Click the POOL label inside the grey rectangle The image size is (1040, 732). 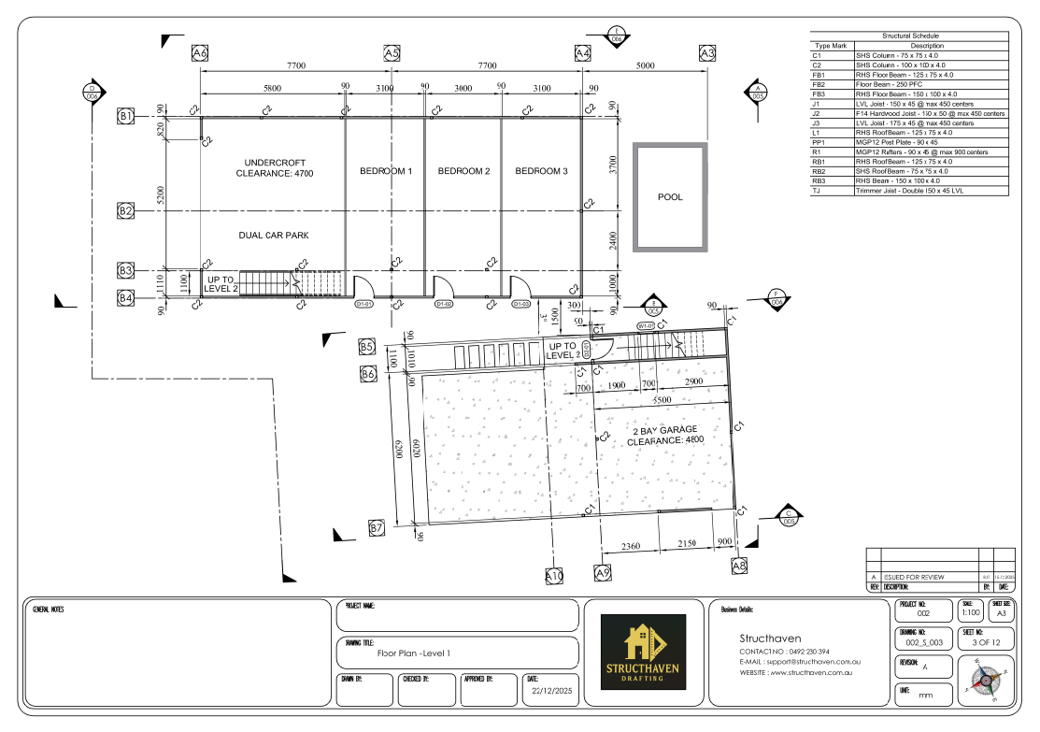pyautogui.click(x=669, y=197)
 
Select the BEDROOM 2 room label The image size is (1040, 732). pyautogui.click(x=463, y=171)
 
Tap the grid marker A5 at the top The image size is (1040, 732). pyautogui.click(x=392, y=54)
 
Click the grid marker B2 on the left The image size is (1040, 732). pyautogui.click(x=126, y=210)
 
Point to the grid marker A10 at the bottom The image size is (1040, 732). pyautogui.click(x=555, y=576)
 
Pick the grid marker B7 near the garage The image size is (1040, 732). pyautogui.click(x=377, y=529)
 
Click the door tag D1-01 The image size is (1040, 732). pyautogui.click(x=364, y=304)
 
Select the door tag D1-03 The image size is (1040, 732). pyautogui.click(x=520, y=304)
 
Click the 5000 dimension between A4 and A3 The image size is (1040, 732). pyautogui.click(x=645, y=65)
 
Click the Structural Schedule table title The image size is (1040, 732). pyautogui.click(x=910, y=36)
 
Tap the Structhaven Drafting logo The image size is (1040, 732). pyautogui.click(x=644, y=652)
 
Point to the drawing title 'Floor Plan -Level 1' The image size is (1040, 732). pyautogui.click(x=413, y=653)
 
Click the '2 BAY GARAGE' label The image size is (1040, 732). pyautogui.click(x=664, y=429)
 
